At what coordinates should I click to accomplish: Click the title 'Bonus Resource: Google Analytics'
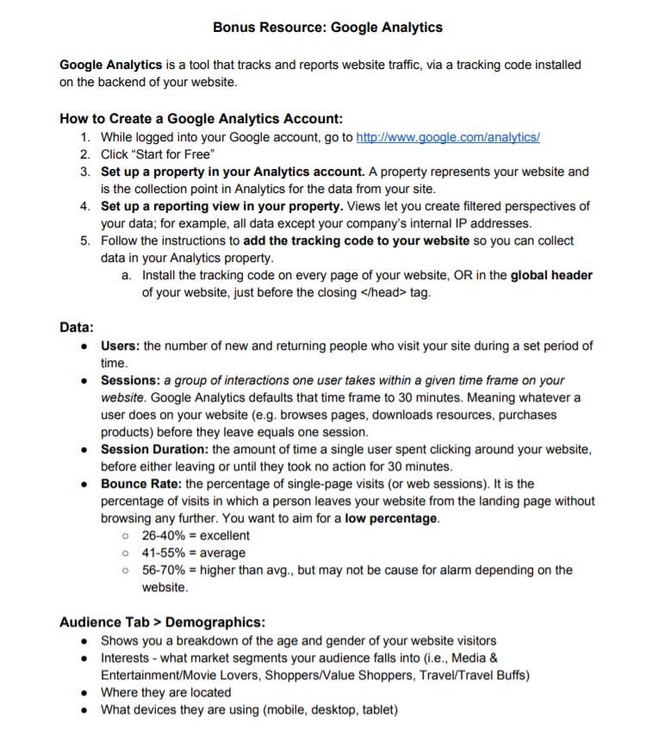[327, 28]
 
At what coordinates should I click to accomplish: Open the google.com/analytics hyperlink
[448, 137]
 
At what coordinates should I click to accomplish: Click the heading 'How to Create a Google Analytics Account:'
[202, 119]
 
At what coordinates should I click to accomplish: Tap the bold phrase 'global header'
[551, 276]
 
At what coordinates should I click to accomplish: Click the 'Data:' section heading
[77, 327]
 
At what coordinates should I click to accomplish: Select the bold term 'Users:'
[121, 346]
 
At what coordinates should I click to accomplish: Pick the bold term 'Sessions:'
[131, 380]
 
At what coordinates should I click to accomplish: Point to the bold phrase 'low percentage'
[391, 518]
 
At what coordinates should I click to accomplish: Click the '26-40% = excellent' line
[196, 535]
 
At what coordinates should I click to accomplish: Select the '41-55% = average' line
[193, 552]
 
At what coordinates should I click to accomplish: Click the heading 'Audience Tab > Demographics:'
[162, 621]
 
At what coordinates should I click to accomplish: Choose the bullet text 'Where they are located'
[166, 692]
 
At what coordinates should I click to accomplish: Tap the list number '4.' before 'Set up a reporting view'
[86, 206]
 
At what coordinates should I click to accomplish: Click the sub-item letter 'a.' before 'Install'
[127, 276]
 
